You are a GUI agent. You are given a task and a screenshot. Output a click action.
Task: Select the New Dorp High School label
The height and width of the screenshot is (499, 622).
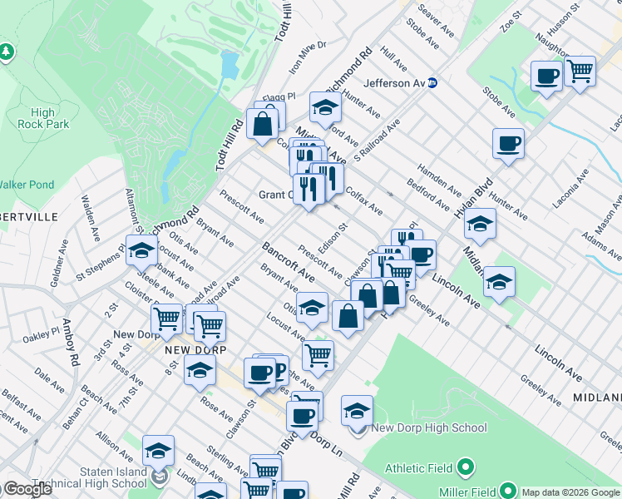pyautogui.click(x=428, y=428)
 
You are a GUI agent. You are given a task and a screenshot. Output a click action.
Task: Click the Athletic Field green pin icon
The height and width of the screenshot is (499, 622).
pyautogui.click(x=466, y=467)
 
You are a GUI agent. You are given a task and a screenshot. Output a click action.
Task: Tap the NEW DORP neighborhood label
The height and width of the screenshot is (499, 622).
pyautogui.click(x=184, y=350)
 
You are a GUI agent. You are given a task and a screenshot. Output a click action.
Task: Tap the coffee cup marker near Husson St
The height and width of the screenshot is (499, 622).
pyautogui.click(x=546, y=77)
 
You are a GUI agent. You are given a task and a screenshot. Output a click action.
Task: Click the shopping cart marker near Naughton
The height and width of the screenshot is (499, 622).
pyautogui.click(x=580, y=71)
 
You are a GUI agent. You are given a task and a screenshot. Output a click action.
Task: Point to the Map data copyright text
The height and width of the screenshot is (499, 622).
pyautogui.click(x=570, y=492)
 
